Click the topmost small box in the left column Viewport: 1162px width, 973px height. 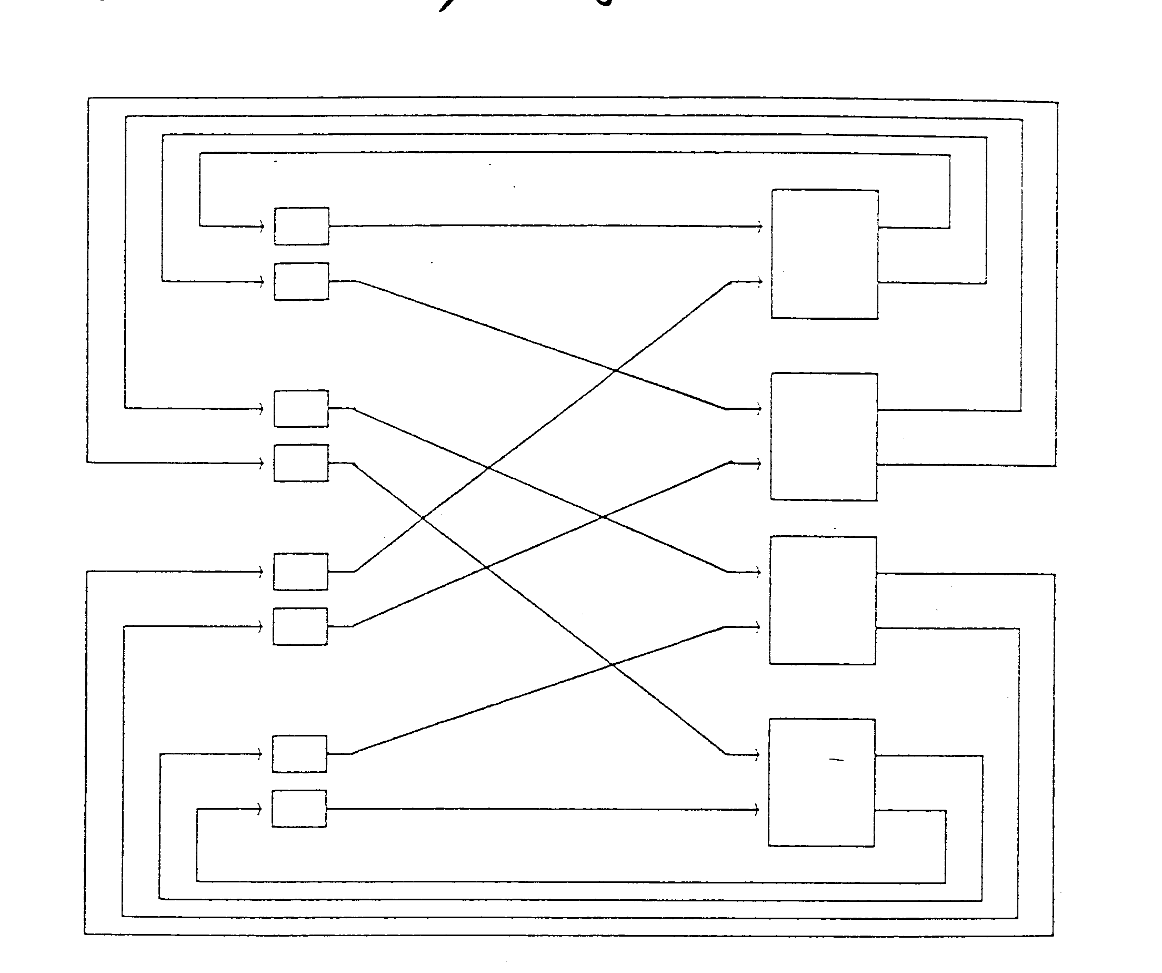[x=302, y=226]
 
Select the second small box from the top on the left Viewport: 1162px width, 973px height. [x=302, y=281]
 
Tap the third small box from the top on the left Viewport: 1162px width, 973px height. [x=301, y=409]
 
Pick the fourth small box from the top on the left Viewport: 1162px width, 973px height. [x=301, y=463]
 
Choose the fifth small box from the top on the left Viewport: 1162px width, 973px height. [x=300, y=572]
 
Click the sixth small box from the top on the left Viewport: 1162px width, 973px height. [x=300, y=626]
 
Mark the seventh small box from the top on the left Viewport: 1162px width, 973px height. [x=299, y=754]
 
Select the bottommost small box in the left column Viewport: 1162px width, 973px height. [x=299, y=809]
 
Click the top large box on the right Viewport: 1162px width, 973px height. [x=825, y=254]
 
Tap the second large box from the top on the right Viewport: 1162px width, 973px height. [x=824, y=437]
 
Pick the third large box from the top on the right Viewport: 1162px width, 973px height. [x=823, y=601]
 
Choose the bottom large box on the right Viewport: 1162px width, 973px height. [x=822, y=782]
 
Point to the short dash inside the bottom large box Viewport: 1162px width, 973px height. [x=836, y=760]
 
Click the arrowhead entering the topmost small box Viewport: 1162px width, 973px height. [x=262, y=226]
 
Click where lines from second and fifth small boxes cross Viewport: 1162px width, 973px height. [x=615, y=370]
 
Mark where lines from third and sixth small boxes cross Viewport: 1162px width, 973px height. [x=602, y=517]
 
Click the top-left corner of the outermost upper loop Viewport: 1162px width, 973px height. [x=88, y=99]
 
